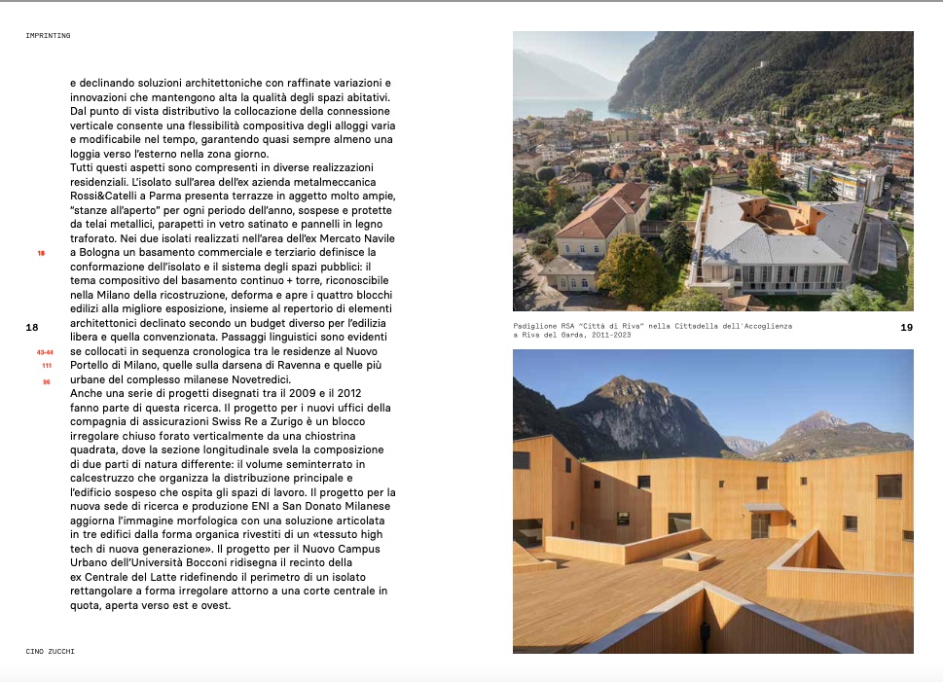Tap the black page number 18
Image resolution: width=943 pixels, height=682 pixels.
32,328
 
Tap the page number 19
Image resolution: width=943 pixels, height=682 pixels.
906,328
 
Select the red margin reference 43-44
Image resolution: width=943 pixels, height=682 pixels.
44,351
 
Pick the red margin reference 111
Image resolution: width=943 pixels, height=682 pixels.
46,366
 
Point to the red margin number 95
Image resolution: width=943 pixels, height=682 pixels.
46,381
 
